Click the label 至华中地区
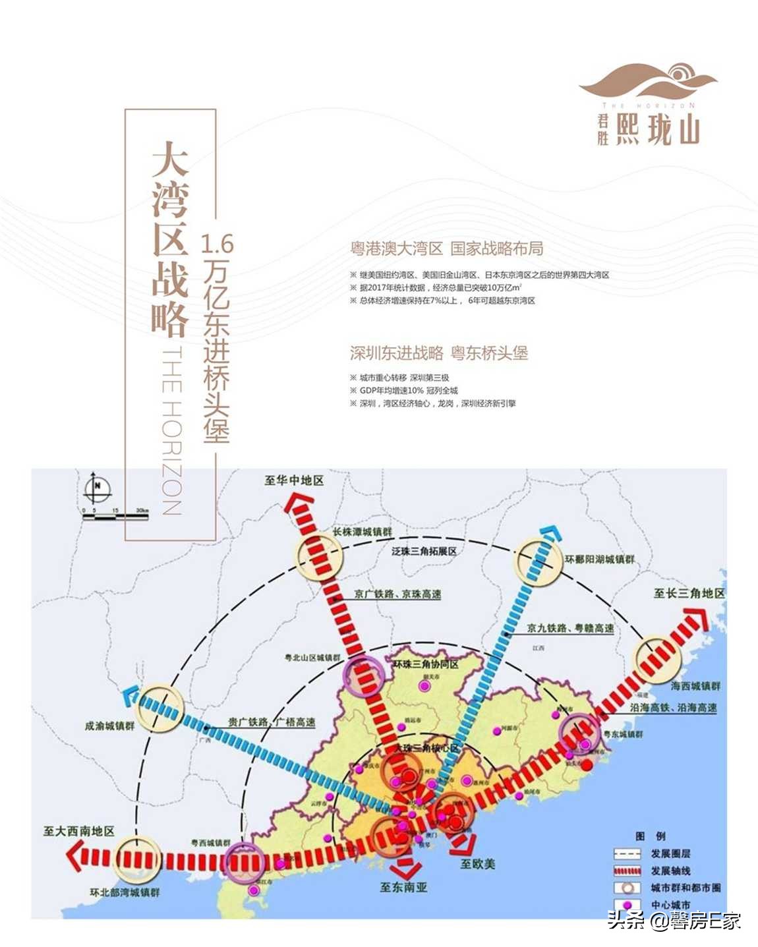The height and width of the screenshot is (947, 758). click(294, 480)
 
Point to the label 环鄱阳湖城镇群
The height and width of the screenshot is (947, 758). click(600, 560)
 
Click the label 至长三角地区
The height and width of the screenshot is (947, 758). click(689, 593)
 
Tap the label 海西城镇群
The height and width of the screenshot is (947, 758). click(695, 686)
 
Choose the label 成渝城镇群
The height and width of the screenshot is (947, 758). click(109, 726)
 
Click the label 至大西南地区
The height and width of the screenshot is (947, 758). click(79, 831)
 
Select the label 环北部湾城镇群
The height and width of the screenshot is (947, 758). click(125, 892)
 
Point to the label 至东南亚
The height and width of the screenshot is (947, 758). click(403, 887)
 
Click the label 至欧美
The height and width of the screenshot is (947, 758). click(477, 863)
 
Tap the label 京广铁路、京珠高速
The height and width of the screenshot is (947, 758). click(397, 594)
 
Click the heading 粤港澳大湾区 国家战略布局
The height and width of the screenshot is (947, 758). click(447, 248)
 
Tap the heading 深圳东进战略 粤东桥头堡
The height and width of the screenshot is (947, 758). click(439, 353)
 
